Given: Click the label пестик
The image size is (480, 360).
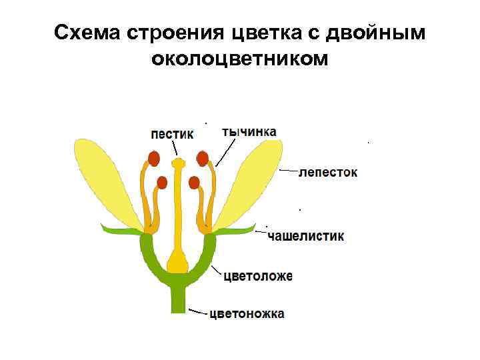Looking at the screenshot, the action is [172, 133].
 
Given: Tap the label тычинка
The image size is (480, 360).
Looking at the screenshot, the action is [249, 131].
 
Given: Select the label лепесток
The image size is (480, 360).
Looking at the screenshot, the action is [327, 172].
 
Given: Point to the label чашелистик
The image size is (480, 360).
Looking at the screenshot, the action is [305, 236].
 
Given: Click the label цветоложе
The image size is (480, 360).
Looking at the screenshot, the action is [257, 275].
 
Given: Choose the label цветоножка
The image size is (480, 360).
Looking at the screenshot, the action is [247, 313].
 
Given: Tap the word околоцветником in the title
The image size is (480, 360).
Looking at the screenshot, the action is [240, 59].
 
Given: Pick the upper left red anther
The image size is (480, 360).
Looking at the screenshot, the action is [154, 159].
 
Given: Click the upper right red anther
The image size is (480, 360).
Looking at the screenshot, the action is [203, 159].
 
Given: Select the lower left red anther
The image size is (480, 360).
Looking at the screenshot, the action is [162, 182].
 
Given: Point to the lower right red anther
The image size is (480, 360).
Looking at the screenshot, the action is [194, 182].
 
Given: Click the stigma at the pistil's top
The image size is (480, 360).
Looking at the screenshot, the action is [178, 162].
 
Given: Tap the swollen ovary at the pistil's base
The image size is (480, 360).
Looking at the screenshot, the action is [178, 261].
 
